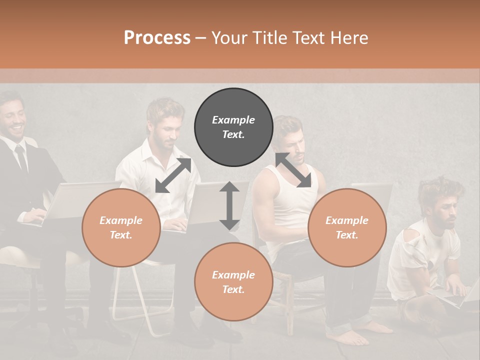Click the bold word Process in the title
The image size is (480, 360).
(x=157, y=37)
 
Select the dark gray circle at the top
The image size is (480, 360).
(x=233, y=127)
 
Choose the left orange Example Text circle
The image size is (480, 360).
(x=121, y=227)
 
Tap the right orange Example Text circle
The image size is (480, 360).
(x=347, y=227)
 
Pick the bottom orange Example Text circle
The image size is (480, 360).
(x=233, y=282)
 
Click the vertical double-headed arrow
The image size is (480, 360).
(x=229, y=205)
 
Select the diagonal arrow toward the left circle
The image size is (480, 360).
(x=173, y=175)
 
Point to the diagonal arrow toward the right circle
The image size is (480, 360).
(x=293, y=170)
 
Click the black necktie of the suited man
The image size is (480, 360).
(x=21, y=158)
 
